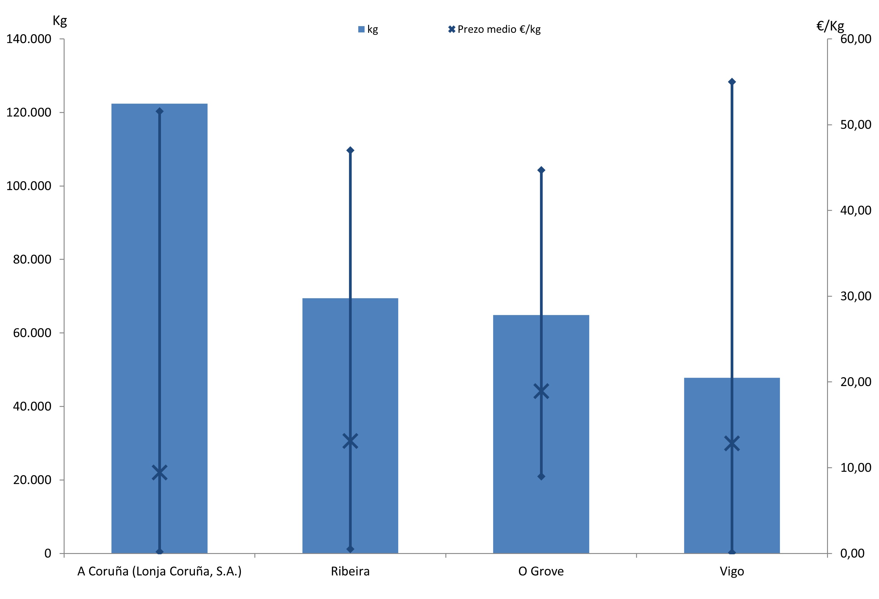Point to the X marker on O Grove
click(541, 392)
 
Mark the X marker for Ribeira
click(350, 441)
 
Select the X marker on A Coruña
click(159, 473)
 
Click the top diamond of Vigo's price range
click(732, 82)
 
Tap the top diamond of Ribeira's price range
click(350, 150)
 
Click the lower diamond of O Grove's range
click(541, 476)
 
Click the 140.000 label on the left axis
click(29, 39)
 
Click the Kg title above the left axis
click(60, 21)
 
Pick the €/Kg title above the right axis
click(830, 26)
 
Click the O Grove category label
click(541, 571)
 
